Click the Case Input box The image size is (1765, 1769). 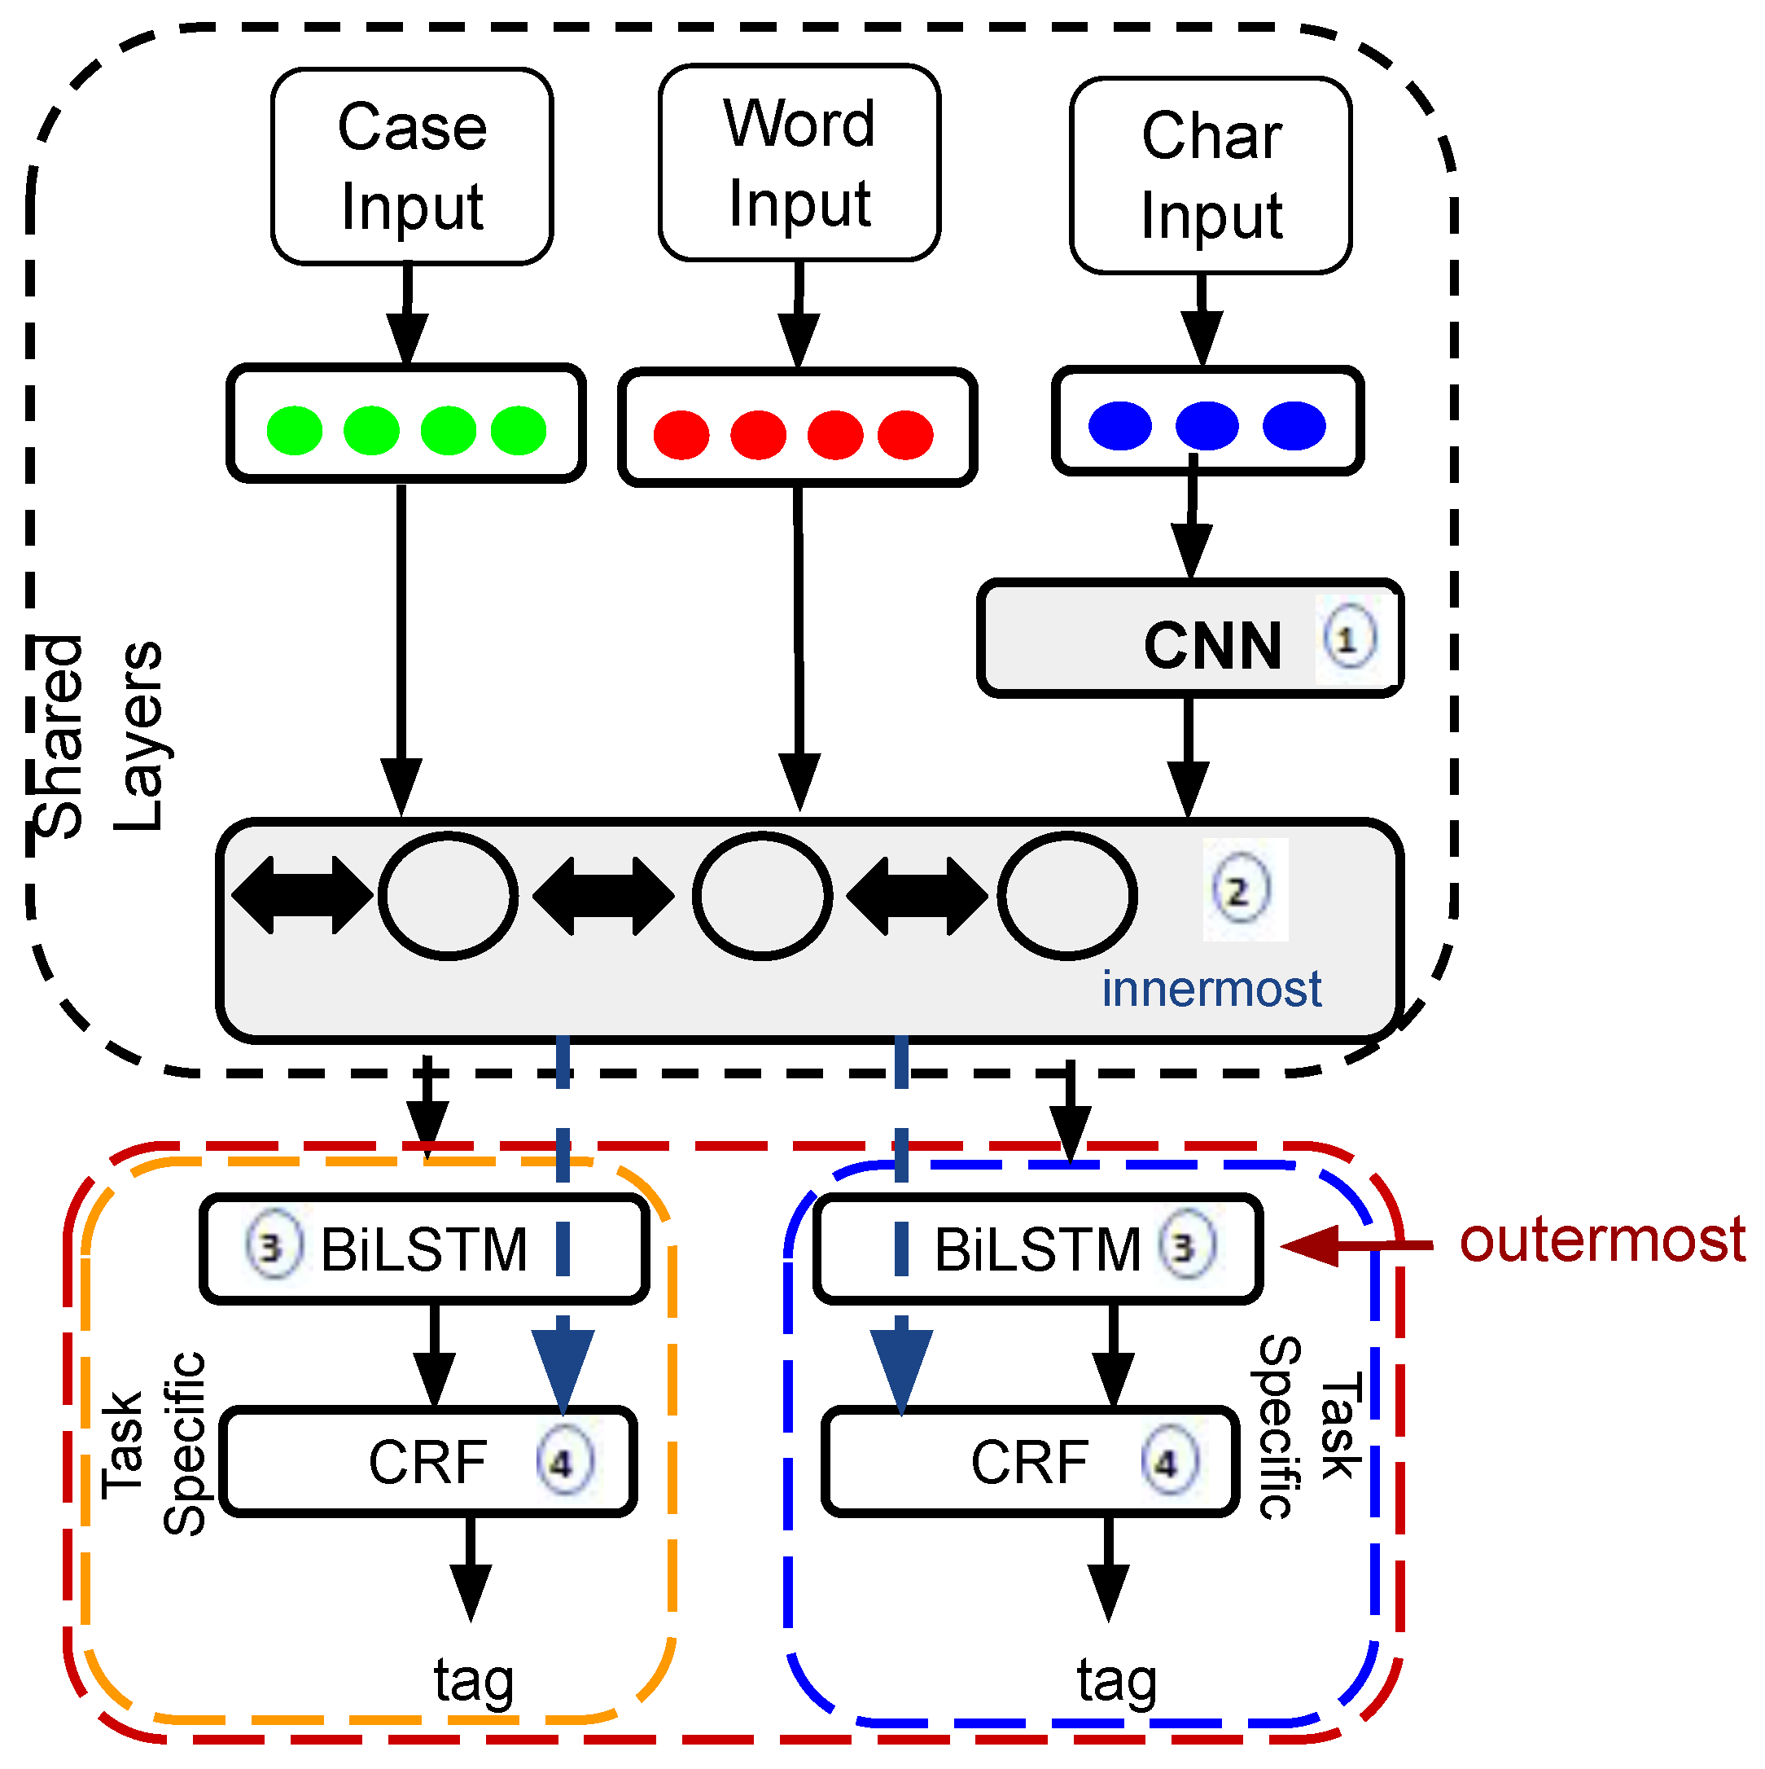point(412,167)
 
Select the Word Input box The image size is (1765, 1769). point(799,163)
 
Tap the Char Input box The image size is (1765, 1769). point(1211,176)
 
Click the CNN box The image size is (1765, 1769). point(1190,639)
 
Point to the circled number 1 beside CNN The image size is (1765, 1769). point(1347,639)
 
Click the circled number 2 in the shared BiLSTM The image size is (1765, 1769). point(1241,890)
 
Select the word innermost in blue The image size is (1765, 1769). point(1211,989)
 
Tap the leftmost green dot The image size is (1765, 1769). point(294,430)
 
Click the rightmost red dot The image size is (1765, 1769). point(904,434)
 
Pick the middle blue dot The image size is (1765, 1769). point(1207,426)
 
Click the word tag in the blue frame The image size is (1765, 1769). point(1116,1680)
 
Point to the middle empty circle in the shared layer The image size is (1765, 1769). point(762,895)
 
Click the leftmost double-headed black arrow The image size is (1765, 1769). point(302,894)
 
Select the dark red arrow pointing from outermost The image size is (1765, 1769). point(1355,1245)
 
